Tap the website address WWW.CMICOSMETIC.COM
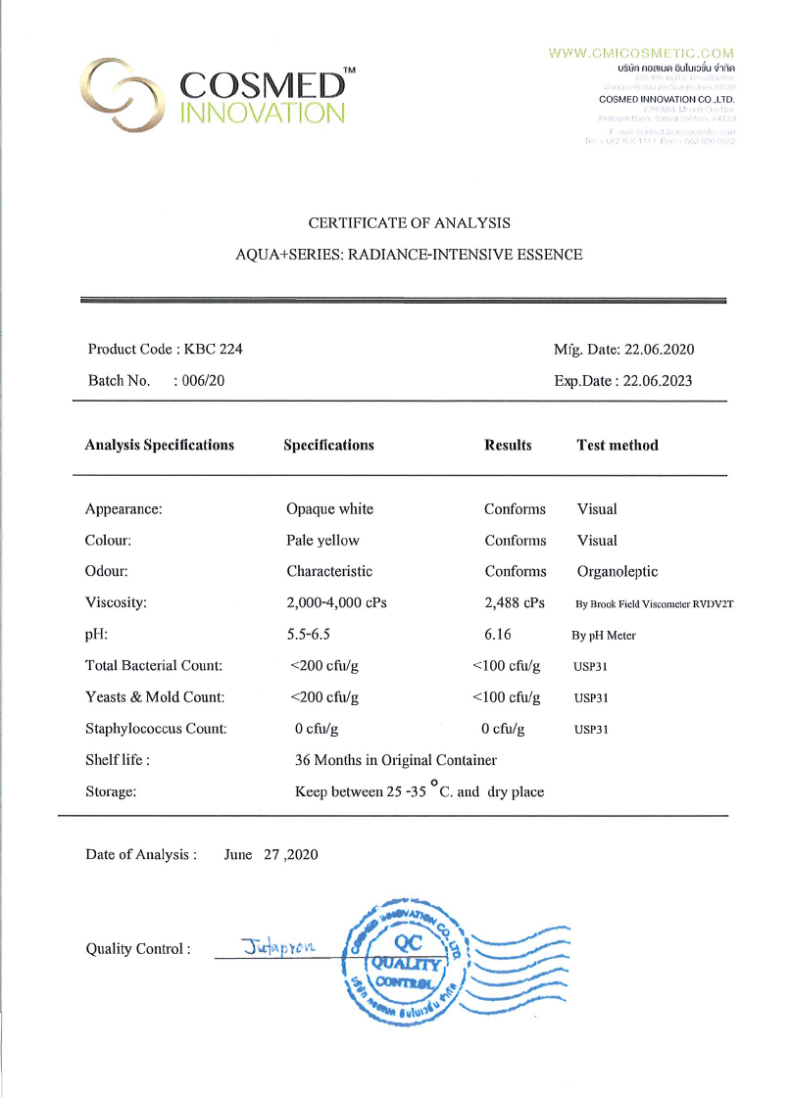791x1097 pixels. click(641, 53)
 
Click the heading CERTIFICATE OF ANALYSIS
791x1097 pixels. click(409, 223)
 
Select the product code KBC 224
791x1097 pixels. click(220, 350)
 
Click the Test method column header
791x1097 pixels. click(618, 445)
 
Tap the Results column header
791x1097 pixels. click(508, 445)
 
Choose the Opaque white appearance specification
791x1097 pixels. click(329, 509)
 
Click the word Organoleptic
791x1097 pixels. click(618, 572)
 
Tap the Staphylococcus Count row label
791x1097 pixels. click(156, 729)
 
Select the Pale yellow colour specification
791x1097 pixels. click(322, 541)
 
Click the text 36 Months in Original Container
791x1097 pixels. click(396, 760)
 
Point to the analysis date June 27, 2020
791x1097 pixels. click(272, 855)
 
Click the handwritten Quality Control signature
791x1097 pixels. click(278, 946)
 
